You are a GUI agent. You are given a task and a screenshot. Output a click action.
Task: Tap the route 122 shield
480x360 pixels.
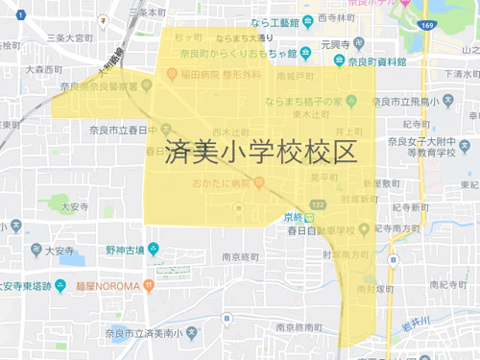pos(319,204)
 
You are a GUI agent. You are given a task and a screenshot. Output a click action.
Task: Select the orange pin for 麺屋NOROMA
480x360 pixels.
pos(61,286)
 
